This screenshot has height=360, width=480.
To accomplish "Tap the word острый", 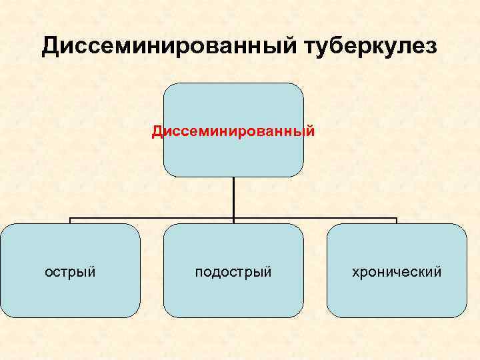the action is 70,272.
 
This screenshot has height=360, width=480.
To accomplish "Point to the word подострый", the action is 233,272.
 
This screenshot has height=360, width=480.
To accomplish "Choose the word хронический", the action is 397,272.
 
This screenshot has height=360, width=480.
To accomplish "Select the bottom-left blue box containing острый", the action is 70,293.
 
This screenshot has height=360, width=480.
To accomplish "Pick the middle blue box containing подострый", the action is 233,293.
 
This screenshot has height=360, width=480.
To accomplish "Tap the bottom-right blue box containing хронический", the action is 397,293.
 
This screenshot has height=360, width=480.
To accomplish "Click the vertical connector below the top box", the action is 233,197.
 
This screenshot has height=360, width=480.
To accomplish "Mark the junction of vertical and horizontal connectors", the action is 233,218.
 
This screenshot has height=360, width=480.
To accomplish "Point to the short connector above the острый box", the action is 70,221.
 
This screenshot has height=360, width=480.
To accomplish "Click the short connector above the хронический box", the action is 397,221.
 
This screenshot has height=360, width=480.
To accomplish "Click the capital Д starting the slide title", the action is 51,46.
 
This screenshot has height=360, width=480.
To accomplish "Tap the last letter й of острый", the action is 92,272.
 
